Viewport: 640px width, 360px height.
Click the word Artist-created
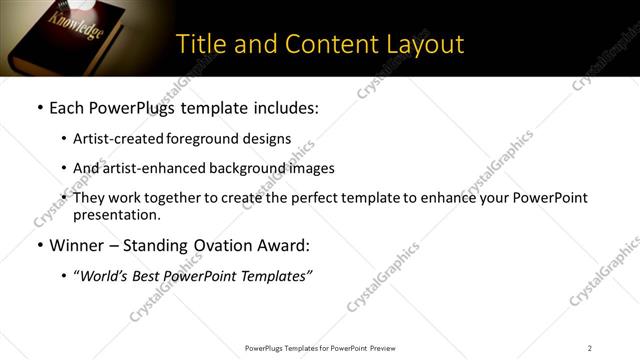(113, 139)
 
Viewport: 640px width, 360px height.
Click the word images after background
(311, 168)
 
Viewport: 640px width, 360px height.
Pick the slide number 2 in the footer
(589, 348)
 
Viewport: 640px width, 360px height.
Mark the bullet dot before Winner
(39, 245)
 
